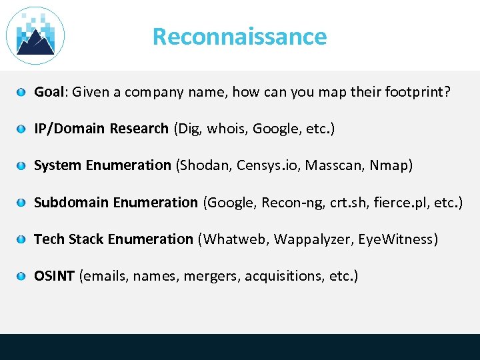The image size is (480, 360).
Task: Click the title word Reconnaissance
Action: click(x=239, y=36)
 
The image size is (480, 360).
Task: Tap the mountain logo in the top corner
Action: click(x=35, y=35)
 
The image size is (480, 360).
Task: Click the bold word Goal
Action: click(x=48, y=91)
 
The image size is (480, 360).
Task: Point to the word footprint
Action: click(x=416, y=91)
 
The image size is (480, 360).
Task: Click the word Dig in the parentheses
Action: click(x=188, y=128)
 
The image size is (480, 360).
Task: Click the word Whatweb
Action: click(x=231, y=239)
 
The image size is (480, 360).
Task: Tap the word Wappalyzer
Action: click(x=305, y=239)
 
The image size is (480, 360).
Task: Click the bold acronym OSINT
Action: click(x=54, y=275)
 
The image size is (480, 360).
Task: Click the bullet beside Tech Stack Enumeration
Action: click(x=23, y=239)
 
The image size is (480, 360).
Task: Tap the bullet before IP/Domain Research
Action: click(x=23, y=129)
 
